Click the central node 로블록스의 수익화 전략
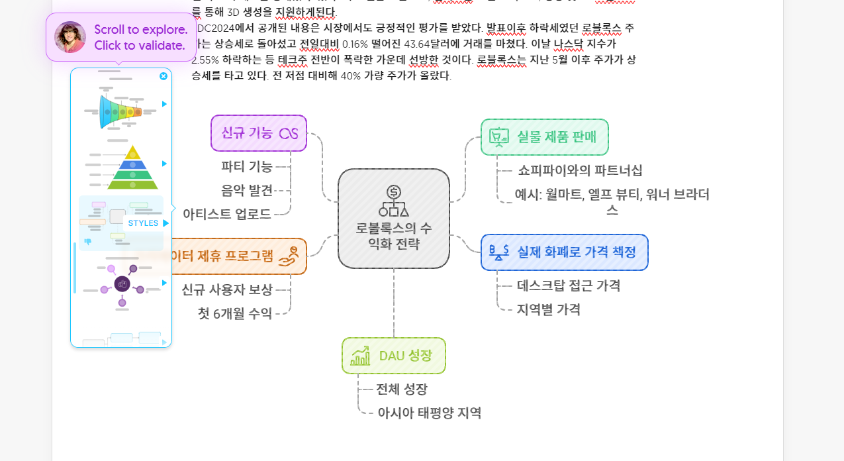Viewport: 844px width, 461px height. click(x=393, y=219)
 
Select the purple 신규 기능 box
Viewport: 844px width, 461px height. click(x=258, y=133)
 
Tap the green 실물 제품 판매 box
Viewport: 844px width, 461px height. click(x=544, y=137)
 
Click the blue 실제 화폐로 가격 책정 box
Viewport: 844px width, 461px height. click(x=564, y=252)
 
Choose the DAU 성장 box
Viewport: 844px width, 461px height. click(x=393, y=356)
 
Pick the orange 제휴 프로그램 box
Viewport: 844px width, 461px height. click(x=238, y=256)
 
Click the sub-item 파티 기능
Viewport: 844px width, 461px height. click(x=247, y=166)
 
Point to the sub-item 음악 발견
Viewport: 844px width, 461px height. click(x=247, y=190)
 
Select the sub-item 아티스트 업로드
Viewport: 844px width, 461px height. click(x=227, y=214)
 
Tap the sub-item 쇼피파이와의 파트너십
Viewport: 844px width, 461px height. click(x=580, y=170)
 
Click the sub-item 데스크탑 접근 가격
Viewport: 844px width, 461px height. click(x=569, y=285)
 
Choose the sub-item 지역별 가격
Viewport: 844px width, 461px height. click(x=549, y=309)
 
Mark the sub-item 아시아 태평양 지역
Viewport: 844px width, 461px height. click(x=429, y=413)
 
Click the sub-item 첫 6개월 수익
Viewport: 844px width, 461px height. click(x=235, y=313)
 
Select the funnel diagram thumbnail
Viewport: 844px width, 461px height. click(x=120, y=111)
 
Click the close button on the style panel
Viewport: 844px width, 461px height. click(x=164, y=76)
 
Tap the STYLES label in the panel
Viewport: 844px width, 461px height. click(x=143, y=223)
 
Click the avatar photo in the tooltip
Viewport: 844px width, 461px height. click(x=70, y=37)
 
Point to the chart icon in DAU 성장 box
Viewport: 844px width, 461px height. click(x=361, y=356)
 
